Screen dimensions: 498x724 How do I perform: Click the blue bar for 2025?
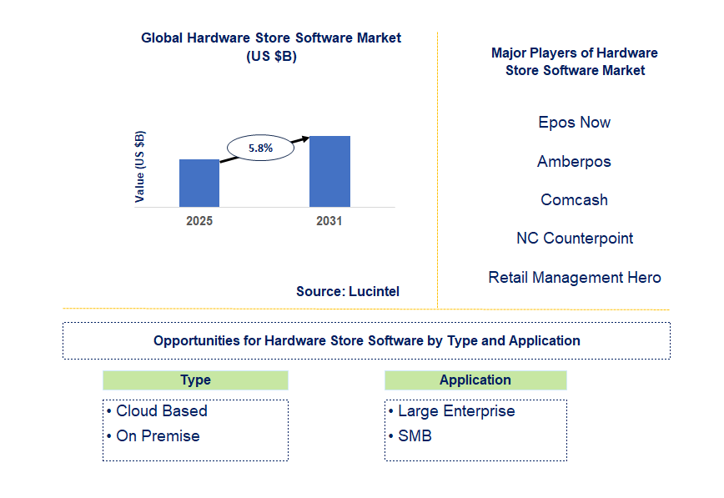tap(199, 183)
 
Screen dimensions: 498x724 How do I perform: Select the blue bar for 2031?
tap(329, 171)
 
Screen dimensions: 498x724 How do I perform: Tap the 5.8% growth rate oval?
tap(259, 148)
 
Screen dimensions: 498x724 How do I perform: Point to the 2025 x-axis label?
tap(199, 221)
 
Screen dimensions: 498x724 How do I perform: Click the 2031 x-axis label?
tap(329, 221)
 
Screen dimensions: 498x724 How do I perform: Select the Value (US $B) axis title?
tap(140, 166)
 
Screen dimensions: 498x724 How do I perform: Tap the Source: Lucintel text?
tap(347, 291)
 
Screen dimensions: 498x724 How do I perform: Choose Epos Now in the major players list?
tap(574, 123)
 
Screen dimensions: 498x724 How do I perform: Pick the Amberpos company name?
tap(574, 162)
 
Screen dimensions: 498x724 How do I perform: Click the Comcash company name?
tap(574, 200)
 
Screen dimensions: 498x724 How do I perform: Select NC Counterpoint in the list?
tap(574, 239)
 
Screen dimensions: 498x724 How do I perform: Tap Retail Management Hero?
tap(574, 278)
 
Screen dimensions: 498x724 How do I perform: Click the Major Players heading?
tap(574, 62)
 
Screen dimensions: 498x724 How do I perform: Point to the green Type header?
tap(195, 380)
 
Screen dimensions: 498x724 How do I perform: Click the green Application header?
tap(475, 380)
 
